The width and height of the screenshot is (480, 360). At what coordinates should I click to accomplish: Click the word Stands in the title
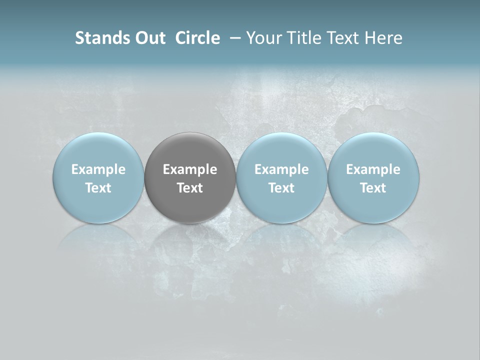[x=102, y=38]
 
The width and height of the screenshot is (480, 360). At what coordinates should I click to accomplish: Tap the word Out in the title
[x=149, y=38]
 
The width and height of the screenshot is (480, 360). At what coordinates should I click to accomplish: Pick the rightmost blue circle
[x=373, y=205]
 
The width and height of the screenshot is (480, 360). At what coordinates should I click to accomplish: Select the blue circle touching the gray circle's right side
[x=281, y=205]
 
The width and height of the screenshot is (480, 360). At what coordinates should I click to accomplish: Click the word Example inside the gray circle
[x=190, y=169]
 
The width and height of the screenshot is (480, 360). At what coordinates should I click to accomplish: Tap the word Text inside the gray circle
[x=190, y=188]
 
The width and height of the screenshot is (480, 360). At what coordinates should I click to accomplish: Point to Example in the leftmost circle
[x=98, y=169]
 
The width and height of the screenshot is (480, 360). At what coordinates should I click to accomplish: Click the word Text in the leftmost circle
[x=98, y=188]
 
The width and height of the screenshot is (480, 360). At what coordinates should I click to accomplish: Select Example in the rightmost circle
[x=373, y=169]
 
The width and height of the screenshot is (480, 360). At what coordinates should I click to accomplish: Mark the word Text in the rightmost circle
[x=373, y=188]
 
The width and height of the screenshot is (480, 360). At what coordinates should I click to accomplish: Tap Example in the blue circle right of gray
[x=281, y=169]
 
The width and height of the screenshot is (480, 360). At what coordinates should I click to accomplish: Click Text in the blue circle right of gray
[x=281, y=188]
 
